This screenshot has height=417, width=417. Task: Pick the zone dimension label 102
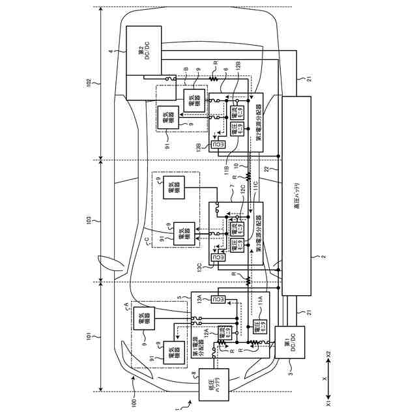coord(89,83)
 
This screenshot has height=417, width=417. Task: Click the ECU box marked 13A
coord(219,299)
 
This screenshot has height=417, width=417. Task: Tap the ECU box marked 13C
coord(220,258)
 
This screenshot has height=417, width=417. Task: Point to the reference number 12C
coord(242,189)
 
